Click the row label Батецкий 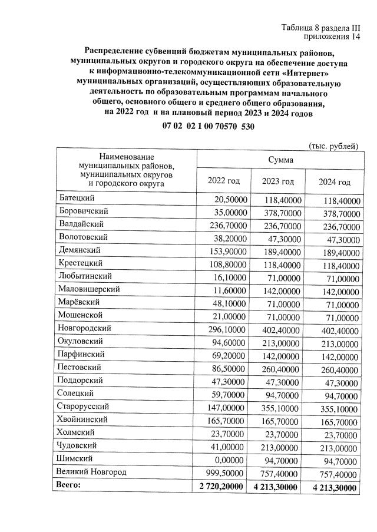[77, 199]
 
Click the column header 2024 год [334, 181]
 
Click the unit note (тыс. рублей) [333, 146]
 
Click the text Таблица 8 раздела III [320, 28]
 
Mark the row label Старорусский [85, 407]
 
